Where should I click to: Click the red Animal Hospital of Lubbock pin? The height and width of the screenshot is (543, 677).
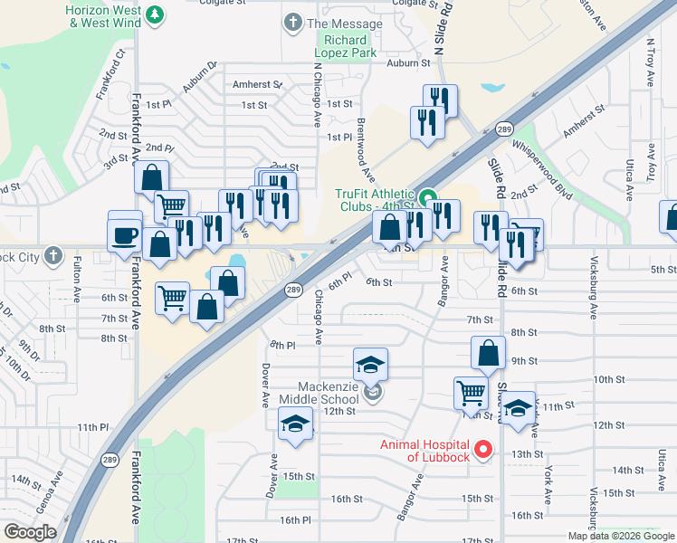point(483,449)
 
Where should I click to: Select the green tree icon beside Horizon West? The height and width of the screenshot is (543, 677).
point(155,14)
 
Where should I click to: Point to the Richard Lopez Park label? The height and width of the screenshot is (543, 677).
point(346,46)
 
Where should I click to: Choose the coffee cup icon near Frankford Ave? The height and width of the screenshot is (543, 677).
point(125,234)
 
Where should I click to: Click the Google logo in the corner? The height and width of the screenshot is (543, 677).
point(30,532)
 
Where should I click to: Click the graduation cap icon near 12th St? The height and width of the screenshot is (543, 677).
point(295,424)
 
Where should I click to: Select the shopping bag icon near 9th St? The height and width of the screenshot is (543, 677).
point(489,352)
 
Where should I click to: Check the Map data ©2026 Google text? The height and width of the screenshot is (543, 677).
point(621,536)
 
